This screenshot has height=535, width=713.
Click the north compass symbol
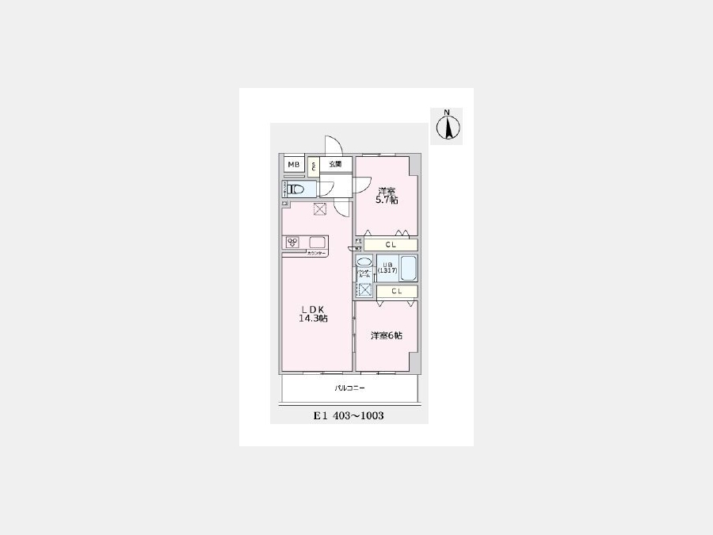click(447, 126)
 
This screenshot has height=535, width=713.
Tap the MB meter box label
click(294, 165)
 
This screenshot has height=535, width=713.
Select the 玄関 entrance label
click(335, 165)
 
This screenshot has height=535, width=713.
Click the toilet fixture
click(298, 189)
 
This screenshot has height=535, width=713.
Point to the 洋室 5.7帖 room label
click(387, 196)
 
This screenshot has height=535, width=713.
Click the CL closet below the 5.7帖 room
click(391, 244)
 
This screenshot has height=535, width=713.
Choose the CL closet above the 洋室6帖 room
click(396, 292)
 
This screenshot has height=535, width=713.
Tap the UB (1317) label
click(387, 267)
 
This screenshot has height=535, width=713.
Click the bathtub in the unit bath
click(408, 268)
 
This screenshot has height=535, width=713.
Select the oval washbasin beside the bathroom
click(364, 262)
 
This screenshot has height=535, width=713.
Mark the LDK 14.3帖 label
click(313, 313)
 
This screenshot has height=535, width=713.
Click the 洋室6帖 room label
click(387, 335)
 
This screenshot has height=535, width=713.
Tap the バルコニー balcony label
click(349, 388)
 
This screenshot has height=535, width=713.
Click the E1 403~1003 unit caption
click(349, 415)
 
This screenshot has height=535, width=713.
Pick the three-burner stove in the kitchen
click(292, 243)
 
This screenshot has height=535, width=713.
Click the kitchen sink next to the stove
click(316, 243)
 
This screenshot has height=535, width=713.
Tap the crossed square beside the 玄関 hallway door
click(320, 209)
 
